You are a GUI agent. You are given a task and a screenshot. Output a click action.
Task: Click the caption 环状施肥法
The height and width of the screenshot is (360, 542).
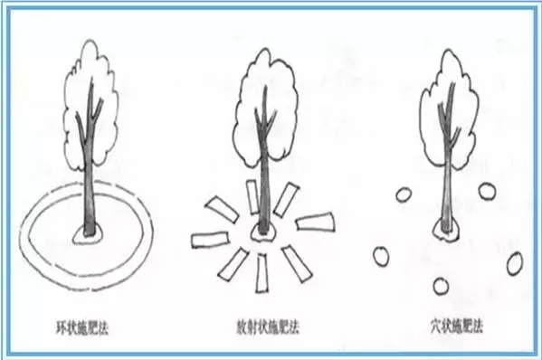[x=82, y=327]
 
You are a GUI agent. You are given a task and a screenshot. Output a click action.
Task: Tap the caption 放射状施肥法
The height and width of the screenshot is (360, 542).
[x=268, y=327]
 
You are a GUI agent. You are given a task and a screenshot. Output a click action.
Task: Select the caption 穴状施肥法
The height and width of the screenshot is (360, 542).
[x=456, y=326]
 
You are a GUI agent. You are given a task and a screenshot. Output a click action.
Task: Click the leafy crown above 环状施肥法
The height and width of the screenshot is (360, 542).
[x=90, y=104]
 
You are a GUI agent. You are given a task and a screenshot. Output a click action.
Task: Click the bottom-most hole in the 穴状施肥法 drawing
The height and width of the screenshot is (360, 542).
[x=441, y=286]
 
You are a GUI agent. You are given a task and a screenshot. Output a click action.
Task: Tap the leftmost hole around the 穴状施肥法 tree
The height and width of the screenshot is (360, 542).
[x=381, y=257]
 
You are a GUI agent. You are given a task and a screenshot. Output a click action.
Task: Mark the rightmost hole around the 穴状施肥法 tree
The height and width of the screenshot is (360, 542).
[x=515, y=263]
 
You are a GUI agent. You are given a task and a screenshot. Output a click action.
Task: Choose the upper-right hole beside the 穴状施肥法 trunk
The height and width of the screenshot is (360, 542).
[x=487, y=192]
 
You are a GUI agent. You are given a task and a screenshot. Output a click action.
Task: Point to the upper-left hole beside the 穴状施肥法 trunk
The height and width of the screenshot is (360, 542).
[x=404, y=194]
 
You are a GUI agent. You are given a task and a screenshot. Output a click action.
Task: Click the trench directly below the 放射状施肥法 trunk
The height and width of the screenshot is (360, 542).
[x=261, y=273]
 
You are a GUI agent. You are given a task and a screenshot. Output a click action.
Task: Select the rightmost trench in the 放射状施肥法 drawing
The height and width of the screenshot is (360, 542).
[x=315, y=223]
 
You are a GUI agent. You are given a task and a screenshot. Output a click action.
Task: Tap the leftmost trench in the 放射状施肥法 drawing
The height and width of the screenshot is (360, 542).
[x=210, y=240]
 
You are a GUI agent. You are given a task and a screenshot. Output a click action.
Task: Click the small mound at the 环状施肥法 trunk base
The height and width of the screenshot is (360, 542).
[x=88, y=234]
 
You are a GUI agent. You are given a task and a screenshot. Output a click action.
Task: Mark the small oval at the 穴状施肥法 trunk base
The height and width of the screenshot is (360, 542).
[x=446, y=230]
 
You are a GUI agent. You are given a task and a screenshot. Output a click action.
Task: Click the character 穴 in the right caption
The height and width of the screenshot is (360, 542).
[x=436, y=326]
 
